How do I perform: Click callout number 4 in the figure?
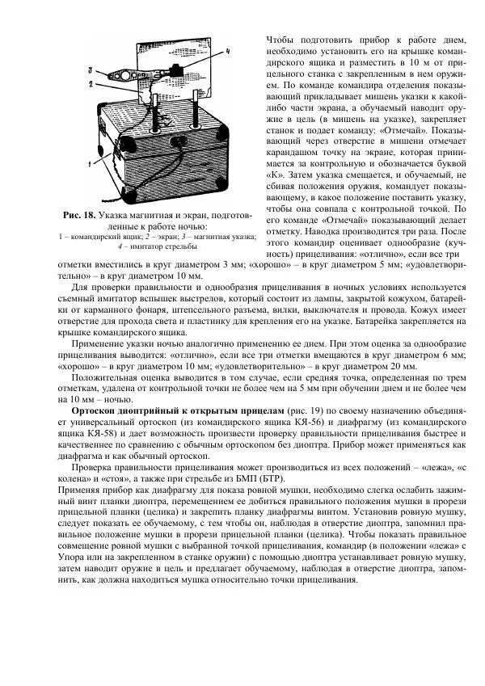[229, 51]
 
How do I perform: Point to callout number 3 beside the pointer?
[90, 70]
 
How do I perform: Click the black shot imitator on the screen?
[174, 64]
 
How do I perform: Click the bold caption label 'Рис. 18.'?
[79, 216]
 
